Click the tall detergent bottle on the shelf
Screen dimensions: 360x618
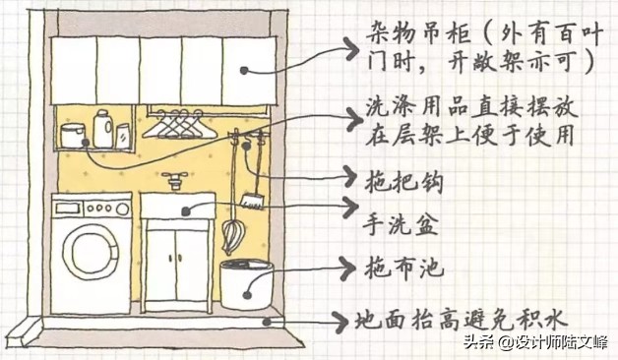pos(101,129)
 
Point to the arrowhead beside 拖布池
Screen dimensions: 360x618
pos(345,265)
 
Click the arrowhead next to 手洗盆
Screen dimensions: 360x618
pos(345,207)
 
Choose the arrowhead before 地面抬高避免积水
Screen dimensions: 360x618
pos(347,319)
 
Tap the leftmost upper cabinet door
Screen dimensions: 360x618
pos(73,70)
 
